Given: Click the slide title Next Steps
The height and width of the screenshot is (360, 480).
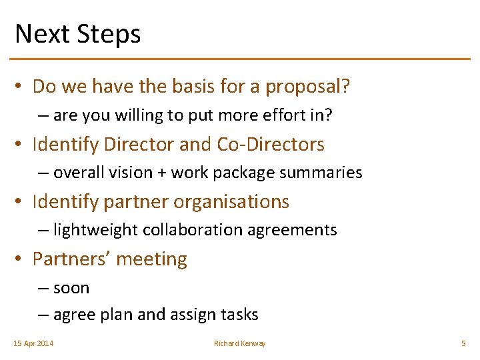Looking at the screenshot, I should tap(77, 33).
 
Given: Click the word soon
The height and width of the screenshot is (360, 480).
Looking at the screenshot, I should tap(71, 288).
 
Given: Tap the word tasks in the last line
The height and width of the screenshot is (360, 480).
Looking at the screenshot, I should tap(239, 315).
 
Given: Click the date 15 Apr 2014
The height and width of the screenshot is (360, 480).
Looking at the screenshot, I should tap(33, 343).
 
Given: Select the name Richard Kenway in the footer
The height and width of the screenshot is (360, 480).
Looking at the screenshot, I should tap(239, 343).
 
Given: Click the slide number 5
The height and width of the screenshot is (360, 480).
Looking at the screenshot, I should tap(463, 343).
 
